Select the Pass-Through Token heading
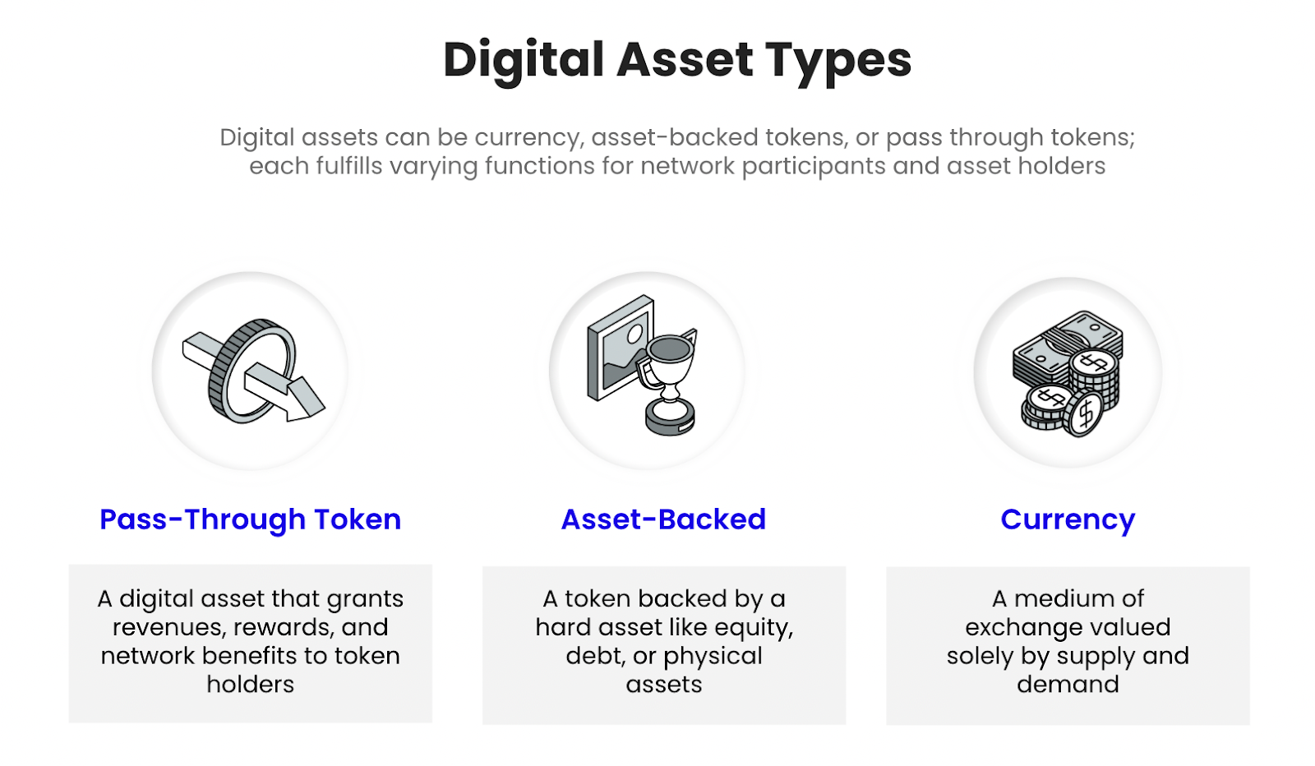tap(250, 519)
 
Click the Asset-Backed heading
tap(663, 519)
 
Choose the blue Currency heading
tap(1068, 520)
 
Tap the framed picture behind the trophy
tap(620, 346)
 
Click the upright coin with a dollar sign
tap(1086, 413)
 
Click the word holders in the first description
tap(251, 685)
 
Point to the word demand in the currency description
tap(1068, 685)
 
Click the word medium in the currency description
tap(1064, 598)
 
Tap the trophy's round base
tap(670, 417)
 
